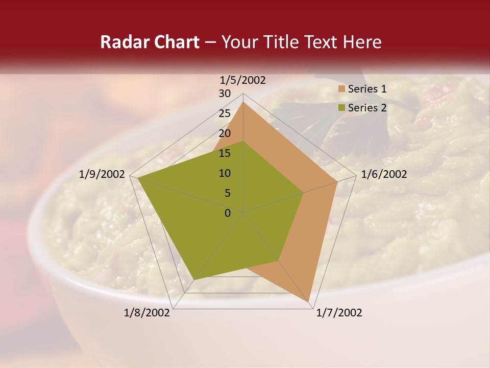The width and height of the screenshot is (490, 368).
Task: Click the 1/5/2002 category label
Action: click(242, 80)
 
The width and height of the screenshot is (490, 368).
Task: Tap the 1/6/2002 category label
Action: click(384, 174)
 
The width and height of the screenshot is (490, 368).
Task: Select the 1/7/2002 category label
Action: click(339, 313)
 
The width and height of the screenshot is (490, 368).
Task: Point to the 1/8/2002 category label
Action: click(147, 313)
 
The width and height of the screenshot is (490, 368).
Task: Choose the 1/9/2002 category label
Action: click(102, 174)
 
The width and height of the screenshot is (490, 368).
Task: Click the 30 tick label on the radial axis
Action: click(225, 94)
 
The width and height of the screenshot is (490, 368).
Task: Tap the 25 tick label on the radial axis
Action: click(225, 113)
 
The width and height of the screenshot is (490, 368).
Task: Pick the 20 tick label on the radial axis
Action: click(225, 133)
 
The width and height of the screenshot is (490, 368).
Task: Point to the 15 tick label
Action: click(225, 153)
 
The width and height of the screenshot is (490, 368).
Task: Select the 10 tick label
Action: click(225, 173)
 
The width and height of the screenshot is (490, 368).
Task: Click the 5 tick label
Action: click(228, 193)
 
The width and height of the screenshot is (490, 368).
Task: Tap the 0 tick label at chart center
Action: click(228, 213)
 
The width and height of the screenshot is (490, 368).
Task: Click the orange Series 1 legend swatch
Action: click(341, 89)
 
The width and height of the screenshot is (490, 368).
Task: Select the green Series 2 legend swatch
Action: click(341, 108)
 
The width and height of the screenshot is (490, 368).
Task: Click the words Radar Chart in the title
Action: click(150, 42)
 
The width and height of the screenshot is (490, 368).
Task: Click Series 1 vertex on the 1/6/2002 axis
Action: click(337, 182)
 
